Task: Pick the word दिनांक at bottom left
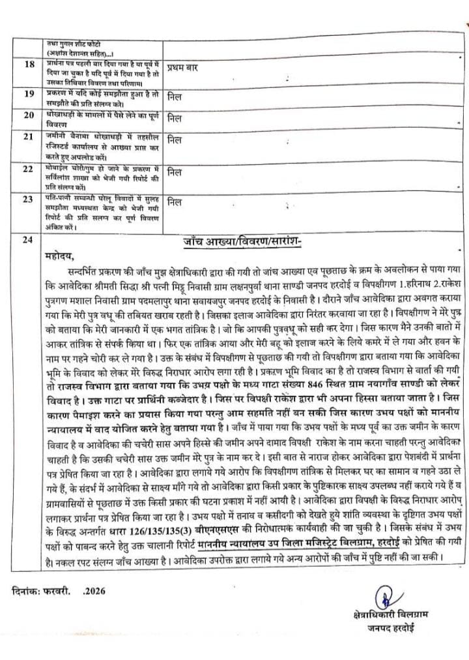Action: (x=27, y=592)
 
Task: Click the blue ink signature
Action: (x=386, y=597)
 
